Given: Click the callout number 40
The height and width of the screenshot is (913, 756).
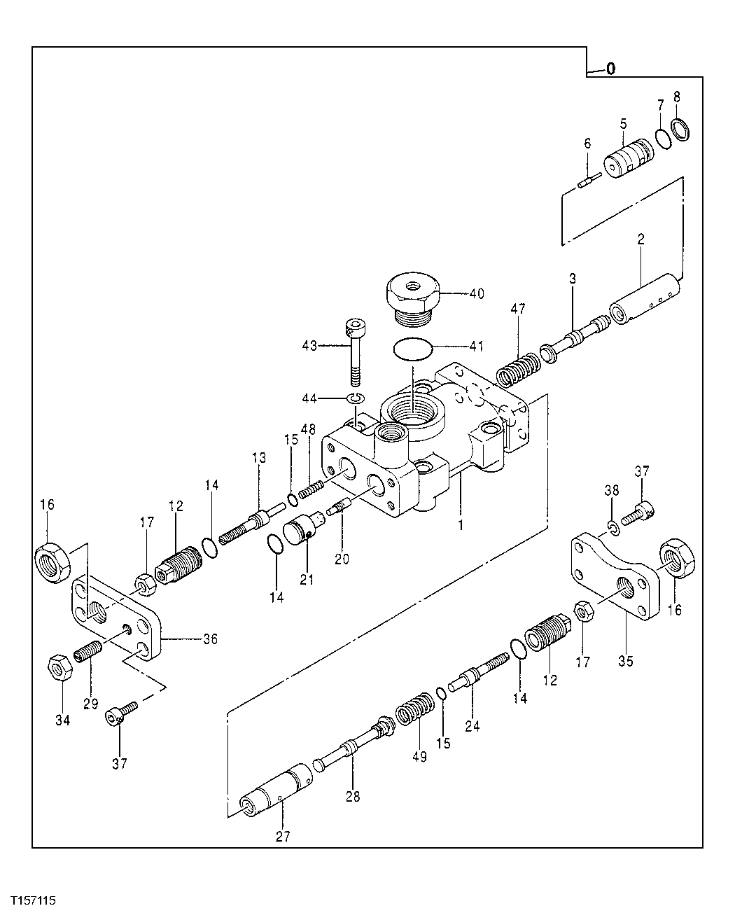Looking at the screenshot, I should [476, 293].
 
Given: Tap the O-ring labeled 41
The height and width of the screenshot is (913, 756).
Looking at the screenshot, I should [411, 349].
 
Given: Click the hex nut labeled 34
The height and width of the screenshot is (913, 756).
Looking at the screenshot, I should [58, 667].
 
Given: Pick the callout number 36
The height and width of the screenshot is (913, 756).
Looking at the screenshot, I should [210, 639].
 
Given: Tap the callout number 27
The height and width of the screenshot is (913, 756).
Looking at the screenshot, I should [283, 836].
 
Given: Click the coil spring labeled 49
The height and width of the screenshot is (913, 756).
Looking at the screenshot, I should [413, 711].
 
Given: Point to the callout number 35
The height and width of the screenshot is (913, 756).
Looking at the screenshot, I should [625, 660].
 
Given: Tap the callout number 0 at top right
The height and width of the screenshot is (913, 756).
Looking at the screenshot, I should [610, 69].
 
